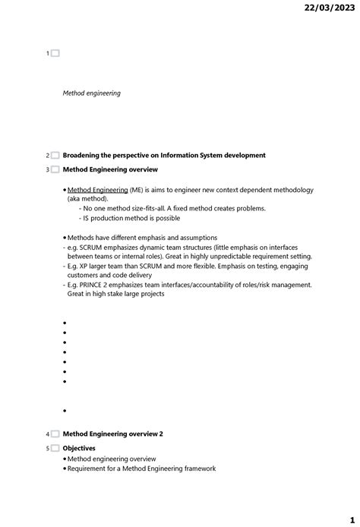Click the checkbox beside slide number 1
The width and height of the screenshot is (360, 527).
(x=55, y=53)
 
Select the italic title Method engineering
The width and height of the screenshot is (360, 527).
(x=91, y=93)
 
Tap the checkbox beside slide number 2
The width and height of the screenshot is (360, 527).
(x=55, y=156)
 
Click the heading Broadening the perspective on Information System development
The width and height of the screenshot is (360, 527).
(x=164, y=156)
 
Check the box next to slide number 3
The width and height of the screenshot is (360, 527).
(x=55, y=170)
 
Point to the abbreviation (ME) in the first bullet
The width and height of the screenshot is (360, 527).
(x=137, y=190)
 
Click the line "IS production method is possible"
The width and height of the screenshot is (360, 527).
(x=131, y=218)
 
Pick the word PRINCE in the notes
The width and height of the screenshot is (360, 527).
(x=97, y=285)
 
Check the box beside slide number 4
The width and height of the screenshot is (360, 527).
(x=55, y=434)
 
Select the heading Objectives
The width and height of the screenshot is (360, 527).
(x=79, y=449)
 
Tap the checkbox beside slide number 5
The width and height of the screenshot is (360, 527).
(x=55, y=449)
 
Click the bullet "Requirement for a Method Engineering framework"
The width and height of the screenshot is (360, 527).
(x=141, y=469)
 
